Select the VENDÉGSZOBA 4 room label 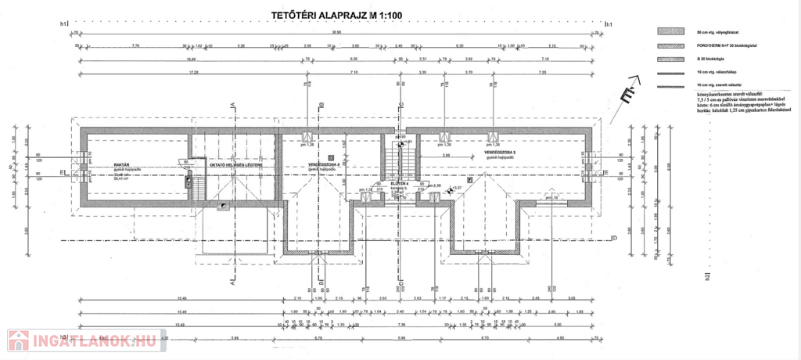point(324,165)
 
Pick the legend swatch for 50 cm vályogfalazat point(670,32)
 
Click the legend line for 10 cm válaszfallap point(670,71)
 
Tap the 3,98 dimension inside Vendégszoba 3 point(446,156)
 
